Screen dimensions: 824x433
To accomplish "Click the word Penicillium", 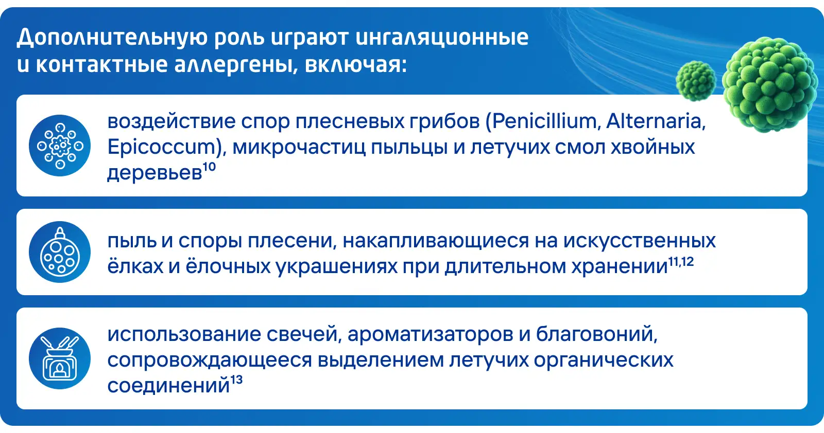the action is (x=544, y=121).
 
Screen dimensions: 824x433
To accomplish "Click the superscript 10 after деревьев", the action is (x=209, y=167).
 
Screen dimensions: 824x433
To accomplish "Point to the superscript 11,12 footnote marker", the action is (x=681, y=261).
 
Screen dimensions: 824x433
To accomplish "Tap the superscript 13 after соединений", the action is (x=236, y=380).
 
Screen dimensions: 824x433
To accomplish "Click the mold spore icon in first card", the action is (x=60, y=146).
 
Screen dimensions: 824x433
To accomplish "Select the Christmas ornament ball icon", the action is (x=60, y=252).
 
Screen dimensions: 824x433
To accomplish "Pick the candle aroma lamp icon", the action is (x=60, y=358).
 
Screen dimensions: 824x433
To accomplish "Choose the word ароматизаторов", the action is (x=431, y=334).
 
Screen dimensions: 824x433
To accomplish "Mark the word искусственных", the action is (x=639, y=241).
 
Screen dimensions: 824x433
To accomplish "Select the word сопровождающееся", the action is (x=210, y=360).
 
